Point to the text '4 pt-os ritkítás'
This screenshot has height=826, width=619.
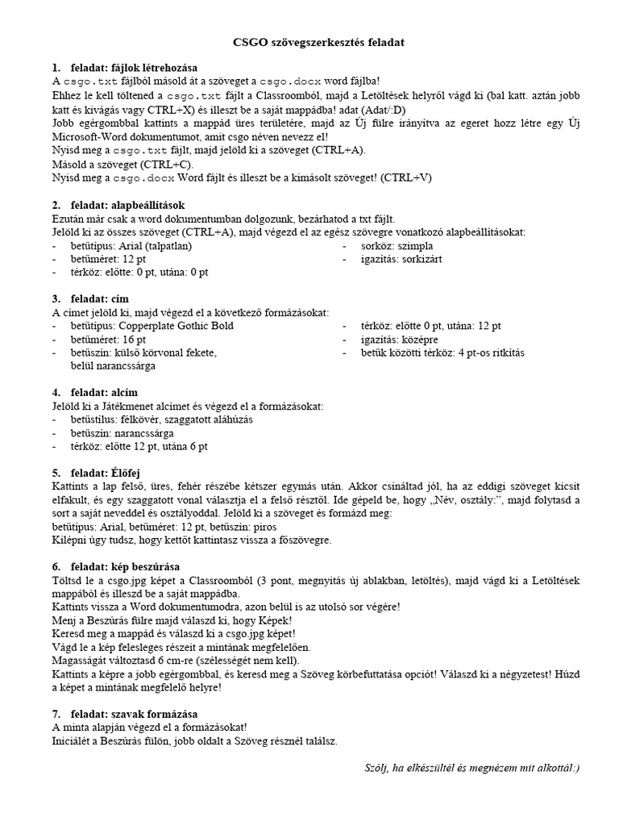[x=491, y=353]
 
